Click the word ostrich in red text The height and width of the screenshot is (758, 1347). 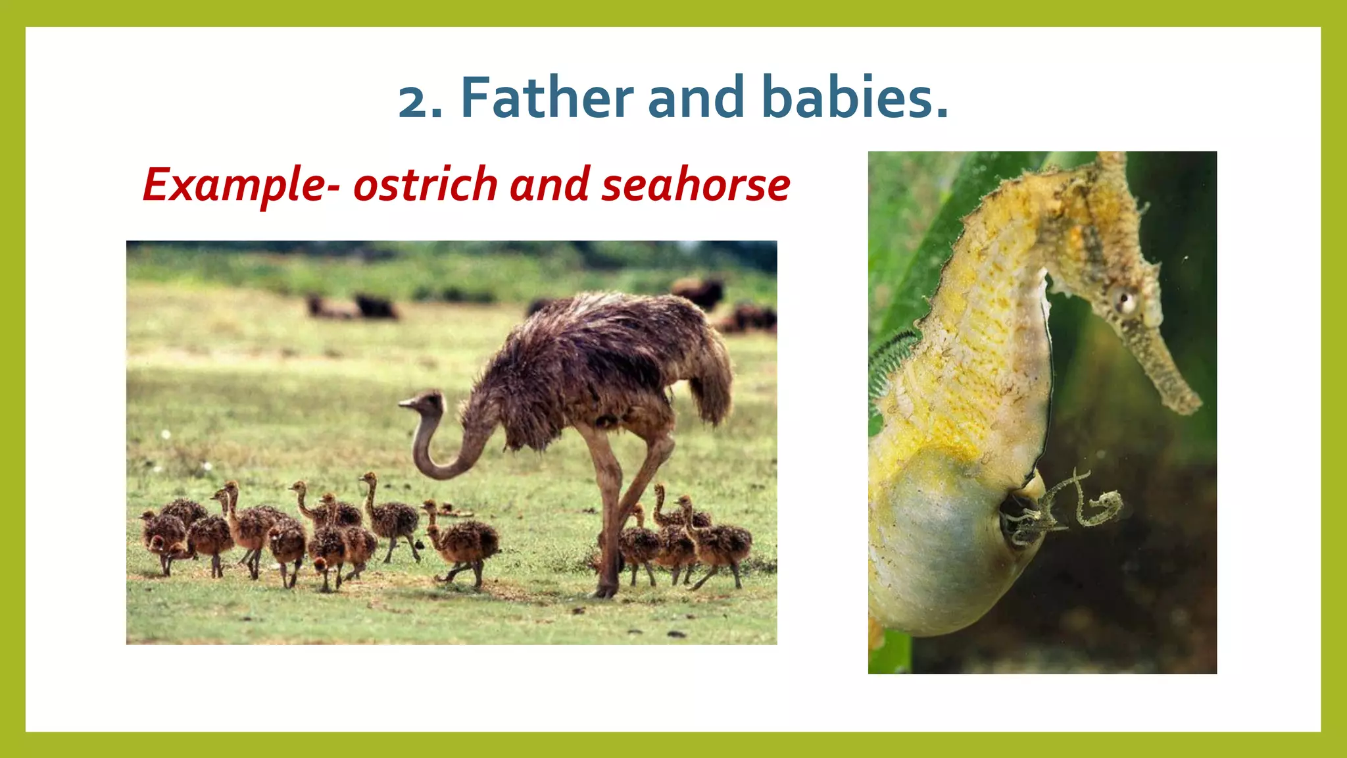coord(425,185)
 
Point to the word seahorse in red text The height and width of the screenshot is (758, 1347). coord(695,185)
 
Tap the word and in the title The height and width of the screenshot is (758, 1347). coord(696,98)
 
